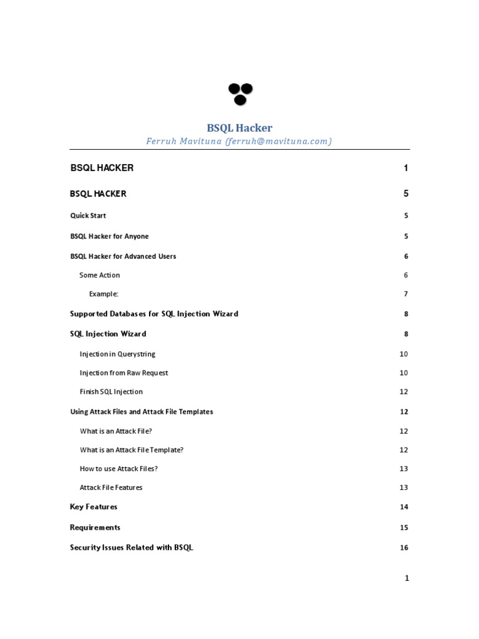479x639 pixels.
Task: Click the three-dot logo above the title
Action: (240, 94)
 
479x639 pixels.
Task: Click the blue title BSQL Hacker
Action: (239, 128)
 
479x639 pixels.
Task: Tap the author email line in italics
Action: (239, 142)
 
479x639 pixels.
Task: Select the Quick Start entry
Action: (88, 216)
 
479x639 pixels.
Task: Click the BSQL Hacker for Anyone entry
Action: (109, 237)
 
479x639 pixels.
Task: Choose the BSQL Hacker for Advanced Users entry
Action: (123, 256)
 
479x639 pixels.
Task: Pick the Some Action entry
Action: (99, 275)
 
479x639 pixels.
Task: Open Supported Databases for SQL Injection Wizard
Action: (154, 314)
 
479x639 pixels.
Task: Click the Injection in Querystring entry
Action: (117, 354)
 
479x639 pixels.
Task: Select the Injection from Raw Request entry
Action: (123, 373)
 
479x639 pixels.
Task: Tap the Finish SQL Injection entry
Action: (111, 392)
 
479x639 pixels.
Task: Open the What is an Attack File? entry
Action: (116, 431)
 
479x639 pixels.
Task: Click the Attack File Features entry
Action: (111, 487)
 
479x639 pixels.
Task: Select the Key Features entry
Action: (94, 507)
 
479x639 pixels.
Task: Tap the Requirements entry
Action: (95, 527)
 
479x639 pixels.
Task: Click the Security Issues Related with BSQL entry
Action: (132, 548)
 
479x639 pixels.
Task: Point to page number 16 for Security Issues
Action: (404, 548)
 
